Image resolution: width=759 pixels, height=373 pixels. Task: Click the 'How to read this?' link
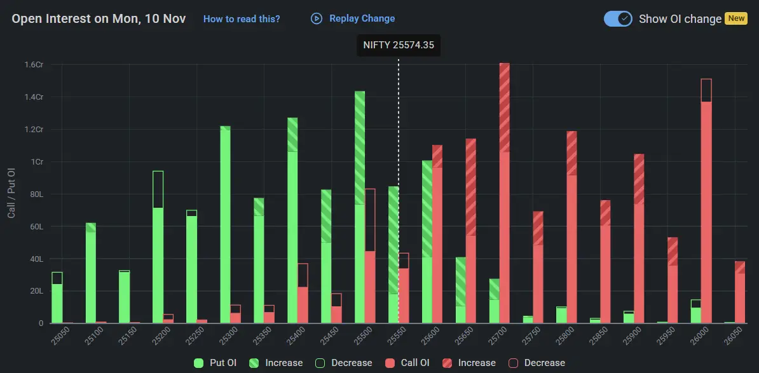(x=242, y=19)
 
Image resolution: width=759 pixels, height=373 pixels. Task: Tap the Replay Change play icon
(x=317, y=18)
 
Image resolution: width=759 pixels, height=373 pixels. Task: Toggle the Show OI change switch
(x=618, y=18)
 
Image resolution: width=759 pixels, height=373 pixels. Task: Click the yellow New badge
(x=736, y=18)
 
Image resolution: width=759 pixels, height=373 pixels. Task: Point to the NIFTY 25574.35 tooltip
(x=399, y=45)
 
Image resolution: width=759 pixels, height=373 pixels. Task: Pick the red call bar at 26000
(x=706, y=210)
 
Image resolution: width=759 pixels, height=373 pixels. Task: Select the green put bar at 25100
(x=91, y=273)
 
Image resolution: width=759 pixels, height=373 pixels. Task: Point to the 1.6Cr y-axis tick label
(x=34, y=65)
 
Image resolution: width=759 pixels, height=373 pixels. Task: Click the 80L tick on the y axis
(x=36, y=194)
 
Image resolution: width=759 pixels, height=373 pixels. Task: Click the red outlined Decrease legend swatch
(x=514, y=363)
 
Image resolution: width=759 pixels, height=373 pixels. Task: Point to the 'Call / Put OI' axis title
(x=11, y=193)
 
